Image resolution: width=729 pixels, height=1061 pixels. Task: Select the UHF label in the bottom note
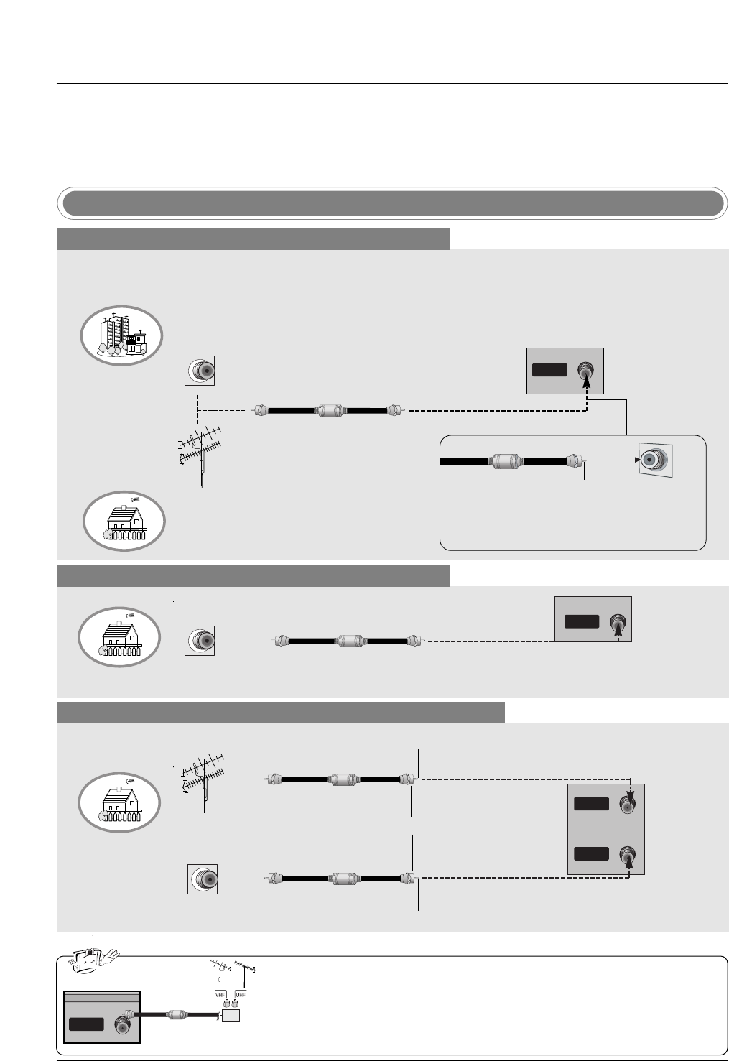(240, 994)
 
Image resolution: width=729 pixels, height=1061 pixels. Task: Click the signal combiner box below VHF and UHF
(231, 1015)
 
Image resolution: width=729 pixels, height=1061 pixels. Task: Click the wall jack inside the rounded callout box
(655, 460)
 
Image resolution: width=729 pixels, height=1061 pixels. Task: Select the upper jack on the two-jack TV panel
(628, 805)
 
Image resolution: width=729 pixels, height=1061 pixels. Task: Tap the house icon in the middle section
(120, 636)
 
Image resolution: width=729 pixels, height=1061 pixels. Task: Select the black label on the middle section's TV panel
(581, 621)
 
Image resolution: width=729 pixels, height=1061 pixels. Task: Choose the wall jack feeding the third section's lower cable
(203, 879)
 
